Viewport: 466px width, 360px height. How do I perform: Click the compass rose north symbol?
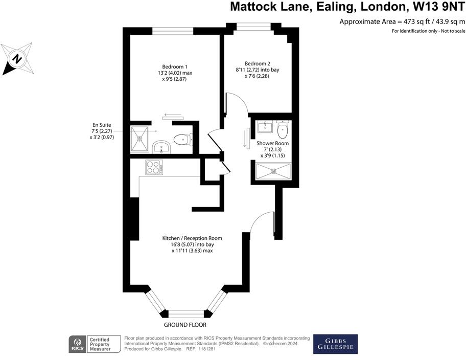pyautogui.click(x=17, y=59)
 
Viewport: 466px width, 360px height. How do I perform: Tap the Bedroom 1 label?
pyautogui.click(x=175, y=66)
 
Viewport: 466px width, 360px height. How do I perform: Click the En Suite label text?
pyautogui.click(x=102, y=125)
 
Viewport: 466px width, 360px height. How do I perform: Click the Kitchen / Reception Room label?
pyautogui.click(x=192, y=238)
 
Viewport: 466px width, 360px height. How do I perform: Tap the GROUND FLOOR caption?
pyautogui.click(x=185, y=325)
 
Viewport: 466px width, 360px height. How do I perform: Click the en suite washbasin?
pyautogui.click(x=162, y=148)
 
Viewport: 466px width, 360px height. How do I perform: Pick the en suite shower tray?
pyautogui.click(x=141, y=139)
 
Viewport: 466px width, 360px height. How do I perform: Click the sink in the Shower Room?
pyautogui.click(x=265, y=126)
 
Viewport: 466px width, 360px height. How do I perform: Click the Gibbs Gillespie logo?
pyautogui.click(x=335, y=344)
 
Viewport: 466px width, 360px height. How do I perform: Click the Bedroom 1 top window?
pyautogui.click(x=173, y=30)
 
